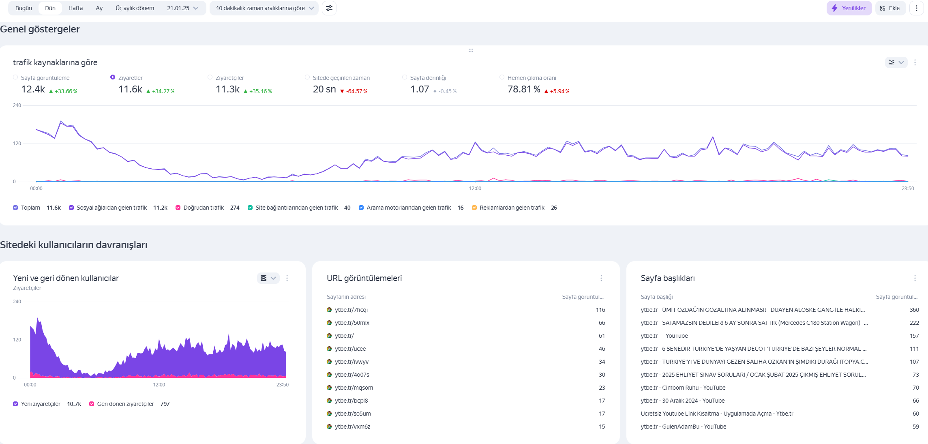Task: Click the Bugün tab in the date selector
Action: coord(24,8)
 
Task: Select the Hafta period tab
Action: coord(75,8)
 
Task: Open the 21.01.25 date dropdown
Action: coord(183,8)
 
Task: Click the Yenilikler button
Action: coord(849,8)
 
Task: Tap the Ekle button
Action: coord(890,8)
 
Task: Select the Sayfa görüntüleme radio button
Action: coord(15,77)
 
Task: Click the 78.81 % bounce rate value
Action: coord(524,89)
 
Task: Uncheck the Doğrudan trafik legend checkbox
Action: coord(178,208)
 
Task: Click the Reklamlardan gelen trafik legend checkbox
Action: coord(474,208)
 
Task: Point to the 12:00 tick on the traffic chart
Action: coord(475,189)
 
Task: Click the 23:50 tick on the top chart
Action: coord(908,189)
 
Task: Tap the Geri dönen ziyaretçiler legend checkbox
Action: coord(92,404)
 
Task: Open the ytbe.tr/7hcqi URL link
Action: coord(351,310)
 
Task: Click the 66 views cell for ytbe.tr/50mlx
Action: coord(602,323)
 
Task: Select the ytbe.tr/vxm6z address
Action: coord(352,427)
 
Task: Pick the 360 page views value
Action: coord(914,310)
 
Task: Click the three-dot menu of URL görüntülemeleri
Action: coord(601,278)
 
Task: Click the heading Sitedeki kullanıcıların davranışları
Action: coord(74,245)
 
